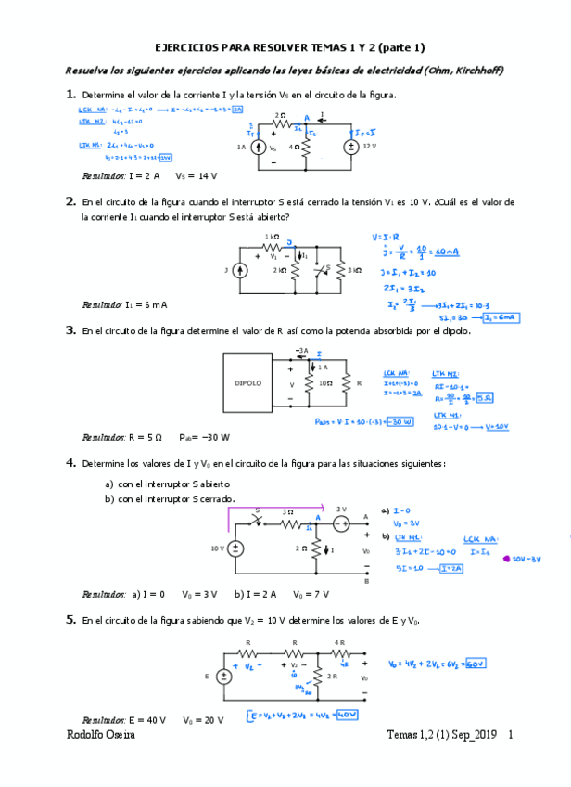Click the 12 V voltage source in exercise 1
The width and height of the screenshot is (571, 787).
(352, 147)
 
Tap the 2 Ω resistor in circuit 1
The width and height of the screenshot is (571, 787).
(280, 126)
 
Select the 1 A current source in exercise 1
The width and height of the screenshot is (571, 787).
(259, 147)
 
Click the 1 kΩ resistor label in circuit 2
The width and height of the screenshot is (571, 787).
(271, 237)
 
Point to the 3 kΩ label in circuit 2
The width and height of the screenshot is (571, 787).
(355, 270)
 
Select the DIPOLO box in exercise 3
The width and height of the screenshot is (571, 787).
(247, 381)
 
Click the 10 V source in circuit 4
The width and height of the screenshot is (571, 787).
(236, 548)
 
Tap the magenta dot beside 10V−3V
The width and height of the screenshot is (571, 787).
(505, 560)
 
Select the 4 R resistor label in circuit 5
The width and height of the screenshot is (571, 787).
(340, 642)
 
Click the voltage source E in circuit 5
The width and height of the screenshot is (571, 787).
(223, 677)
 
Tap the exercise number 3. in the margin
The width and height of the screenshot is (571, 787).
(70, 329)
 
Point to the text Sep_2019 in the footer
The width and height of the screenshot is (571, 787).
(471, 735)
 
